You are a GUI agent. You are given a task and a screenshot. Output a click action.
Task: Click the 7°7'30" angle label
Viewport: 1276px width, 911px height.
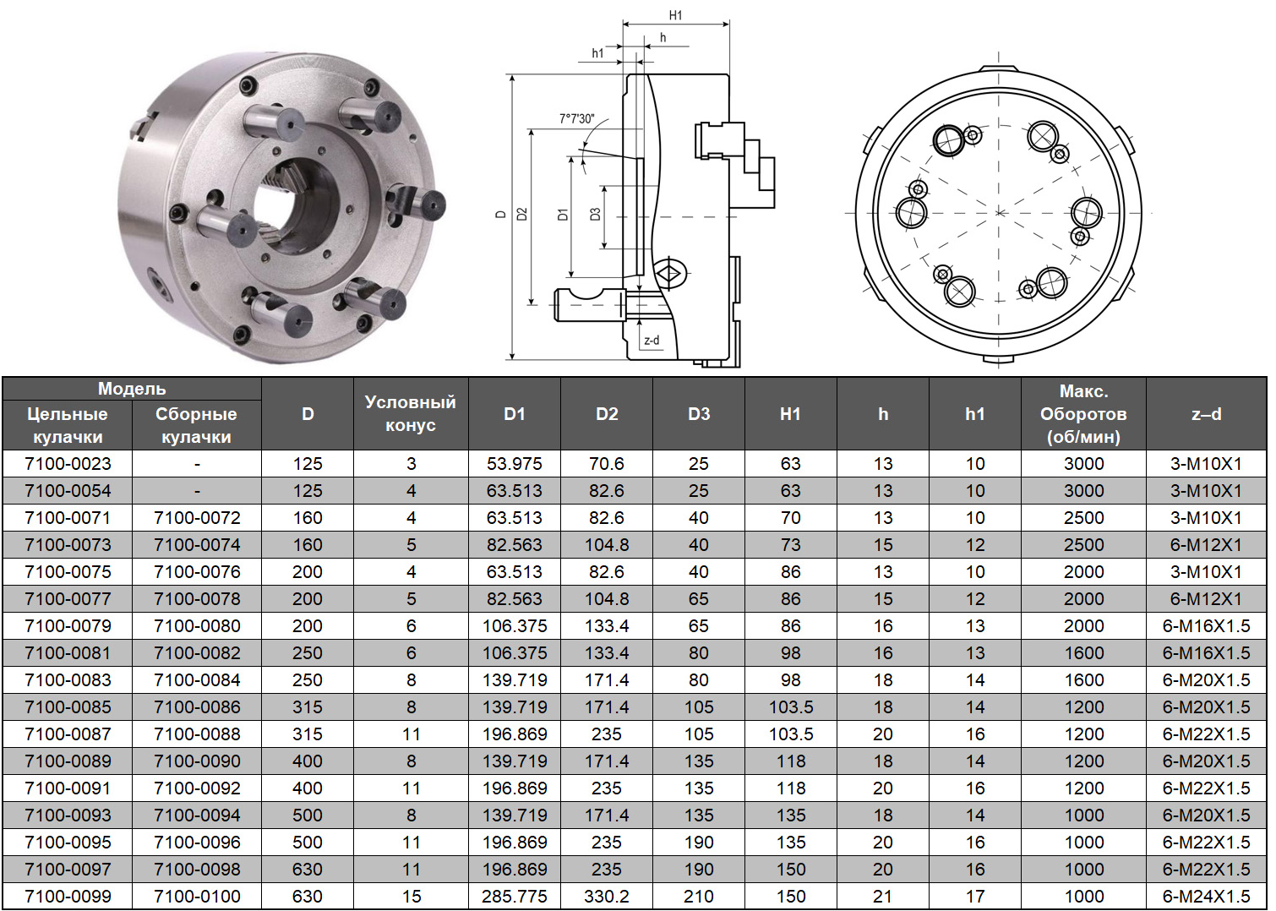click(576, 118)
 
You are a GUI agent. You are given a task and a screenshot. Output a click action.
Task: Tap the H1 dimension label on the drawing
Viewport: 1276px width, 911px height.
click(675, 15)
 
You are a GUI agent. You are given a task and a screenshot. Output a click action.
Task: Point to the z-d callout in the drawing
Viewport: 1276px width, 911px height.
click(652, 340)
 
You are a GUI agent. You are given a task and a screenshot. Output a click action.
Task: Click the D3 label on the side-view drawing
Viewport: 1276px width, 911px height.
click(595, 214)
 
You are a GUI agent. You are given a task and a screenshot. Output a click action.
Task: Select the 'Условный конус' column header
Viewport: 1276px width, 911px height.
click(410, 413)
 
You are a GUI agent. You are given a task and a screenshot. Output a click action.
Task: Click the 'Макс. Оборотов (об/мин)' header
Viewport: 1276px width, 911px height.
click(1083, 413)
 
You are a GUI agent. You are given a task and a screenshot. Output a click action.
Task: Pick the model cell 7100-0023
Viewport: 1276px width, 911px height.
click(68, 464)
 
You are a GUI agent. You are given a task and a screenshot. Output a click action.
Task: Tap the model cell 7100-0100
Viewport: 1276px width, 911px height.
click(197, 896)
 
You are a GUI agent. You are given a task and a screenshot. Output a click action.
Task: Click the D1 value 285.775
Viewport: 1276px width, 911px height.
click(515, 896)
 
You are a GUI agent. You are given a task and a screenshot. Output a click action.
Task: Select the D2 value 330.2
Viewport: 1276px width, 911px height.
click(607, 896)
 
